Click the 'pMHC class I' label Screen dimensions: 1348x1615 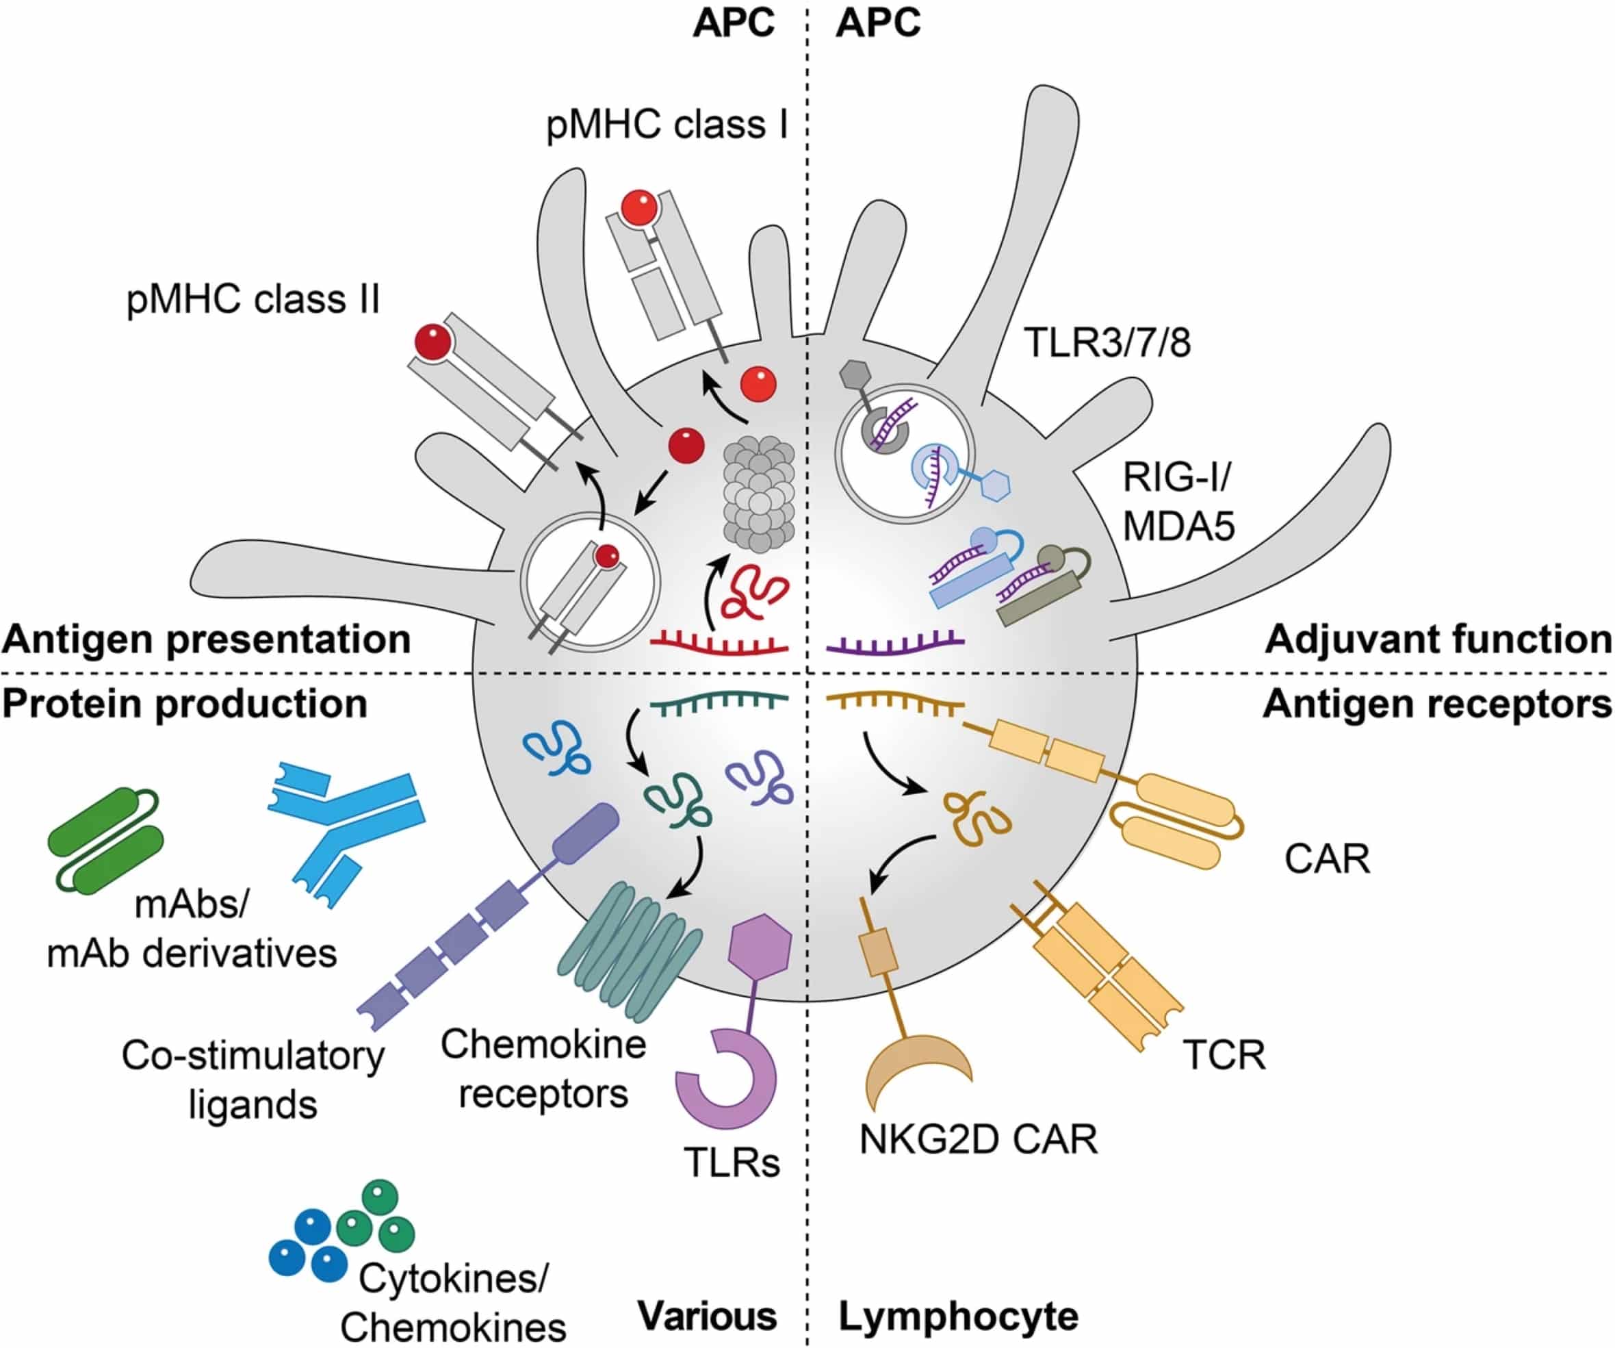pos(667,125)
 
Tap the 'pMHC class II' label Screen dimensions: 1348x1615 pos(253,299)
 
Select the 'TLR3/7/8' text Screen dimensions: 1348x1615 pos(1107,342)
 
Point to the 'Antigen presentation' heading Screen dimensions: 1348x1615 pos(206,639)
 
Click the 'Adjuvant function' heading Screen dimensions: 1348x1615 pos(1438,639)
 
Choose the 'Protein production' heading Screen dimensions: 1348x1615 pos(185,704)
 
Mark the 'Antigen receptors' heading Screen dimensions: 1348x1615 pos(1437,704)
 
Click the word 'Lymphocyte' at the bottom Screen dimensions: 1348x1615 pos(958,1316)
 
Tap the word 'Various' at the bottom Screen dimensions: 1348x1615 pos(707,1316)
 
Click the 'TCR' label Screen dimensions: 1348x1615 pos(1224,1055)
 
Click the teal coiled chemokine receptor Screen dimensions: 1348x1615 pos(629,952)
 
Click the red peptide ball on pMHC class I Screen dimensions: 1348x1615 pos(640,207)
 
